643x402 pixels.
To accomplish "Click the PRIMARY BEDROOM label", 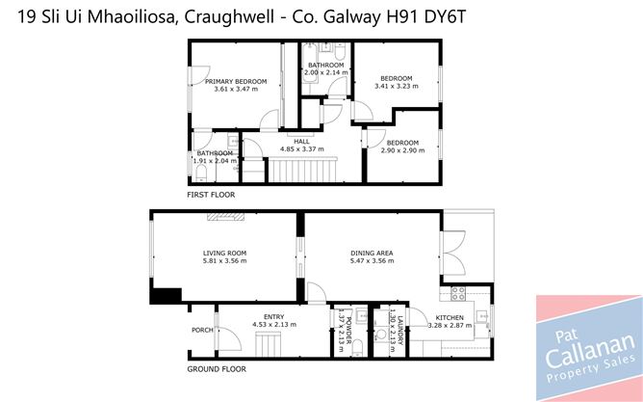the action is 236,81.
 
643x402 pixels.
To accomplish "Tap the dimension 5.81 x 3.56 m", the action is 224,260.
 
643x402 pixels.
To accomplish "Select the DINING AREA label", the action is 372,253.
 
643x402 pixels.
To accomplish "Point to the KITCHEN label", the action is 450,317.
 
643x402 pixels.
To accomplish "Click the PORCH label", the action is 202,330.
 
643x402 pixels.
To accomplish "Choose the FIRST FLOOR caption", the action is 211,195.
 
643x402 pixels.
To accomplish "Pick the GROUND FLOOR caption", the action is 217,369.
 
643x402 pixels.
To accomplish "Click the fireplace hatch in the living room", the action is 225,216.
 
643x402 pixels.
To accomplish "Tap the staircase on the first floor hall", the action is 302,170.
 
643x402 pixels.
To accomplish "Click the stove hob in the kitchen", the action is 458,294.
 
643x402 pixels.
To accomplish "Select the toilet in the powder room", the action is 357,347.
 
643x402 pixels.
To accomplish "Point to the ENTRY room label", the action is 274,316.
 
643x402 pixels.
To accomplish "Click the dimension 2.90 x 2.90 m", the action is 402,150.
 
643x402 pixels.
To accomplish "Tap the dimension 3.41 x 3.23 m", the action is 397,86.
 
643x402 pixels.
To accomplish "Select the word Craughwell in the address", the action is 229,17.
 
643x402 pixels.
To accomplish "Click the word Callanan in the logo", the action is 589,350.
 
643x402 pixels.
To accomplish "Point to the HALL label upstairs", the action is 301,142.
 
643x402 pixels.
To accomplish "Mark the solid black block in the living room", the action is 166,296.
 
